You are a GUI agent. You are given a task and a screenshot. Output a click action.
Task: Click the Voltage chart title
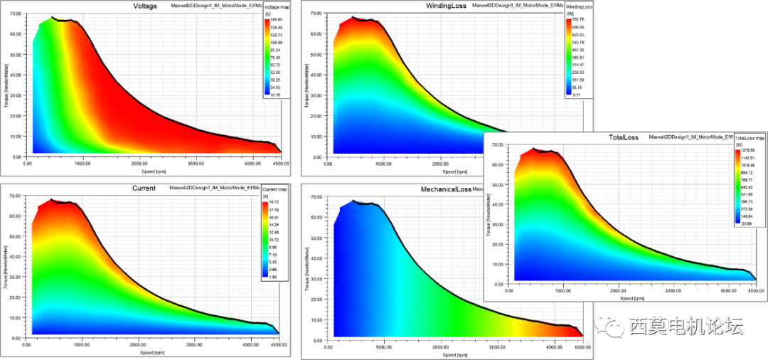click(x=145, y=6)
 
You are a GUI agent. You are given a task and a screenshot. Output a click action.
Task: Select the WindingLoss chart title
click(x=446, y=6)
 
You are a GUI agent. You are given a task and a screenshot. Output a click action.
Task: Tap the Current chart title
click(x=144, y=189)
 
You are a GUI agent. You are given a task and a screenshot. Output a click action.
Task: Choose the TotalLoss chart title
click(x=624, y=136)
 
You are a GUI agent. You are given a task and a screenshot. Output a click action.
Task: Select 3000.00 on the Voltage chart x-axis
click(x=197, y=163)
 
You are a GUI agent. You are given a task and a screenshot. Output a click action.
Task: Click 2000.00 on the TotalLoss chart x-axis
click(x=619, y=291)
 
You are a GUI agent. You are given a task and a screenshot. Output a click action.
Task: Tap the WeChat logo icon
click(x=609, y=326)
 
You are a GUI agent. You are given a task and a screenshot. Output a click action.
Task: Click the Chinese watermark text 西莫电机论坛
click(x=686, y=326)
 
